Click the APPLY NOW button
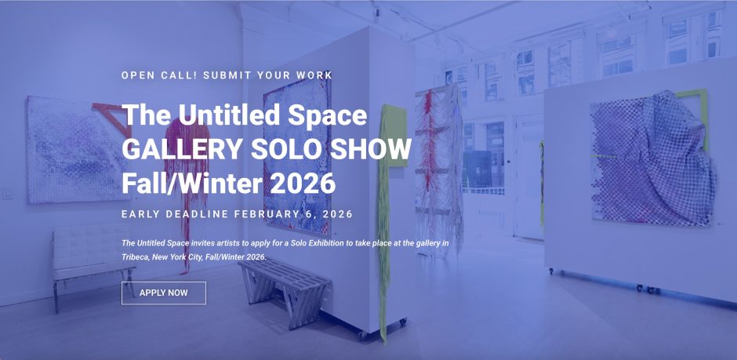tap(163, 293)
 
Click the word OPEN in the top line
tap(138, 75)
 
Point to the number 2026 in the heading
tap(296, 183)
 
